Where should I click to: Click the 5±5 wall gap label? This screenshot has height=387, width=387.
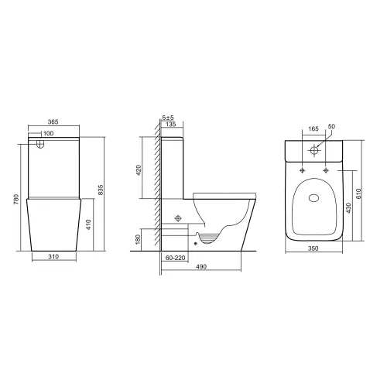(x=167, y=117)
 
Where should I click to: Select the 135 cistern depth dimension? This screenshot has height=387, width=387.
(x=170, y=123)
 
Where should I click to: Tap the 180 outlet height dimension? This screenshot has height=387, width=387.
(x=139, y=241)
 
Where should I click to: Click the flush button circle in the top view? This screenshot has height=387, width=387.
(x=314, y=149)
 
